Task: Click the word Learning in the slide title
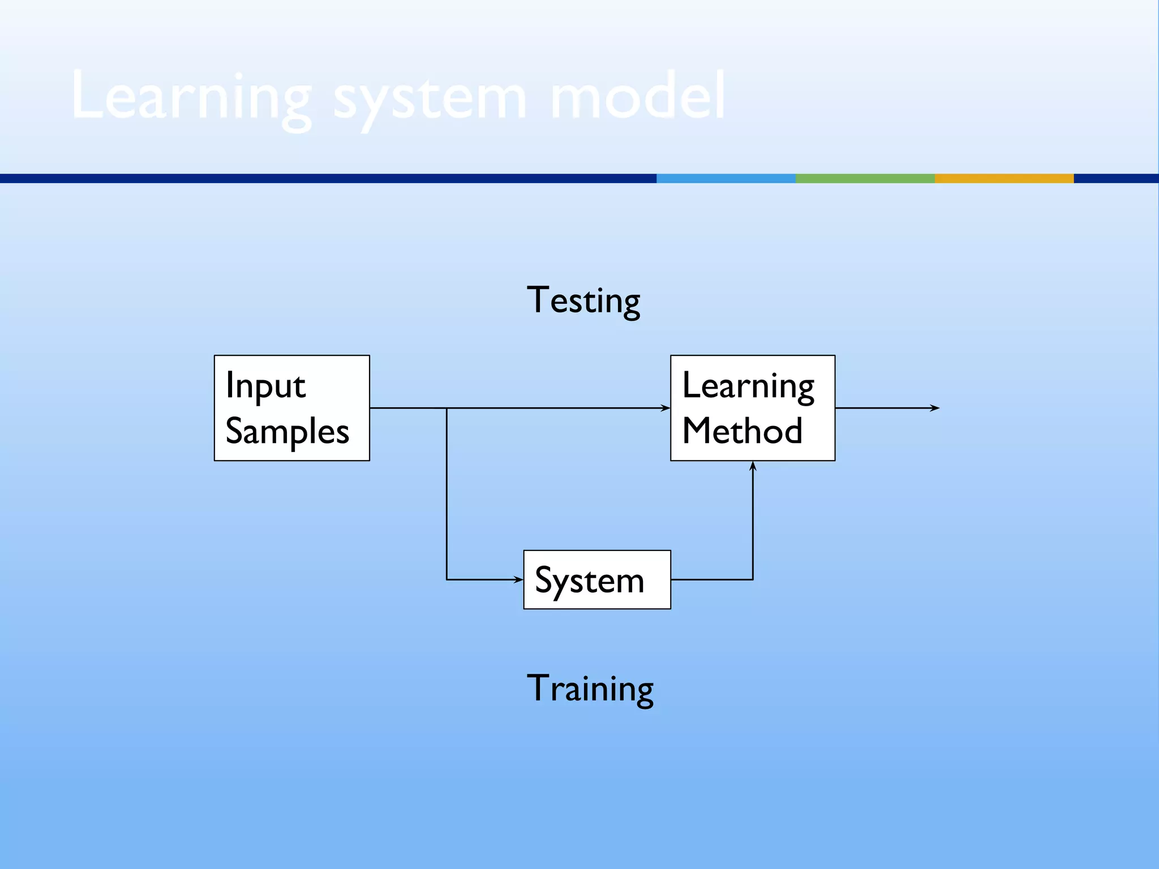pyautogui.click(x=191, y=97)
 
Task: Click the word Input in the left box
pyautogui.click(x=265, y=386)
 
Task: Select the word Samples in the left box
pyautogui.click(x=287, y=432)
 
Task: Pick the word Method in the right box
pyautogui.click(x=742, y=431)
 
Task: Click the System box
pyautogui.click(x=597, y=579)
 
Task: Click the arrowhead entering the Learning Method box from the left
pyautogui.click(x=666, y=408)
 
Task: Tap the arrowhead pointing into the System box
pyautogui.click(x=518, y=579)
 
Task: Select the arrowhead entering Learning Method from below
pyautogui.click(x=753, y=466)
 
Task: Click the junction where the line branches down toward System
pyautogui.click(x=447, y=408)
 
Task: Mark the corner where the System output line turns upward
pyautogui.click(x=753, y=579)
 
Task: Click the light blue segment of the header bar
pyautogui.click(x=726, y=178)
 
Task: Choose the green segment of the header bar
pyautogui.click(x=865, y=178)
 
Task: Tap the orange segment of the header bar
pyautogui.click(x=1004, y=178)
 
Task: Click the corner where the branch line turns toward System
pyautogui.click(x=447, y=579)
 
